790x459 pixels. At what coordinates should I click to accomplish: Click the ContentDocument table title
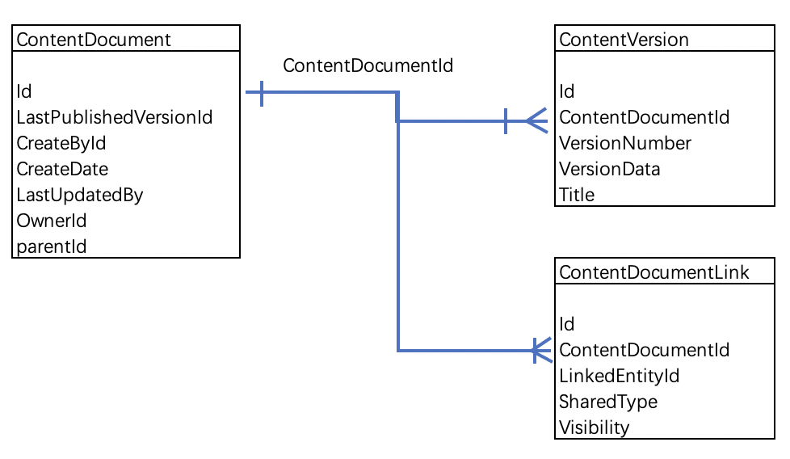[x=94, y=40]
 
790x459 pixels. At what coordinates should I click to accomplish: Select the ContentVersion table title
[x=624, y=40]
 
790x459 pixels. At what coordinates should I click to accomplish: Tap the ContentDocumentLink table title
[x=654, y=272]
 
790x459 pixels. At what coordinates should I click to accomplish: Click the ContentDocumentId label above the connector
[x=368, y=66]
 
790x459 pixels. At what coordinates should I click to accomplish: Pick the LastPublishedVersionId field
[x=115, y=117]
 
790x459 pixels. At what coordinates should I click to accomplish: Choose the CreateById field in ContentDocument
[x=61, y=143]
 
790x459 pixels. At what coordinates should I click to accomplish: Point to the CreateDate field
[x=62, y=169]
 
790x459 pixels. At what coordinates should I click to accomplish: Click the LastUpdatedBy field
[x=80, y=195]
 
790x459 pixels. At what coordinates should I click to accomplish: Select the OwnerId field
[x=52, y=221]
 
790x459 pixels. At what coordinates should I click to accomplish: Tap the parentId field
[x=52, y=246]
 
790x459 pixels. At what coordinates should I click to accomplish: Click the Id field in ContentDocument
[x=24, y=91]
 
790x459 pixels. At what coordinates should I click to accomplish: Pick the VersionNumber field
[x=625, y=143]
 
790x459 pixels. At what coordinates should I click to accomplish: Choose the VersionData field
[x=610, y=169]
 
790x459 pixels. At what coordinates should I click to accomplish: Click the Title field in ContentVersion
[x=577, y=195]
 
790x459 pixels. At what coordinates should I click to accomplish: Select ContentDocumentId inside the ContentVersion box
[x=644, y=117]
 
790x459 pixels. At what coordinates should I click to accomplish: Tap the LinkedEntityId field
[x=619, y=376]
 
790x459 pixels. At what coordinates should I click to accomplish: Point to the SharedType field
[x=608, y=402]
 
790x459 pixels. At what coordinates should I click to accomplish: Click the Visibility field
[x=594, y=427]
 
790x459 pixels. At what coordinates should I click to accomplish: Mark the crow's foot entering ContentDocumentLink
[x=540, y=350]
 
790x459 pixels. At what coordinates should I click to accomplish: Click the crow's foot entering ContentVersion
[x=536, y=121]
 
